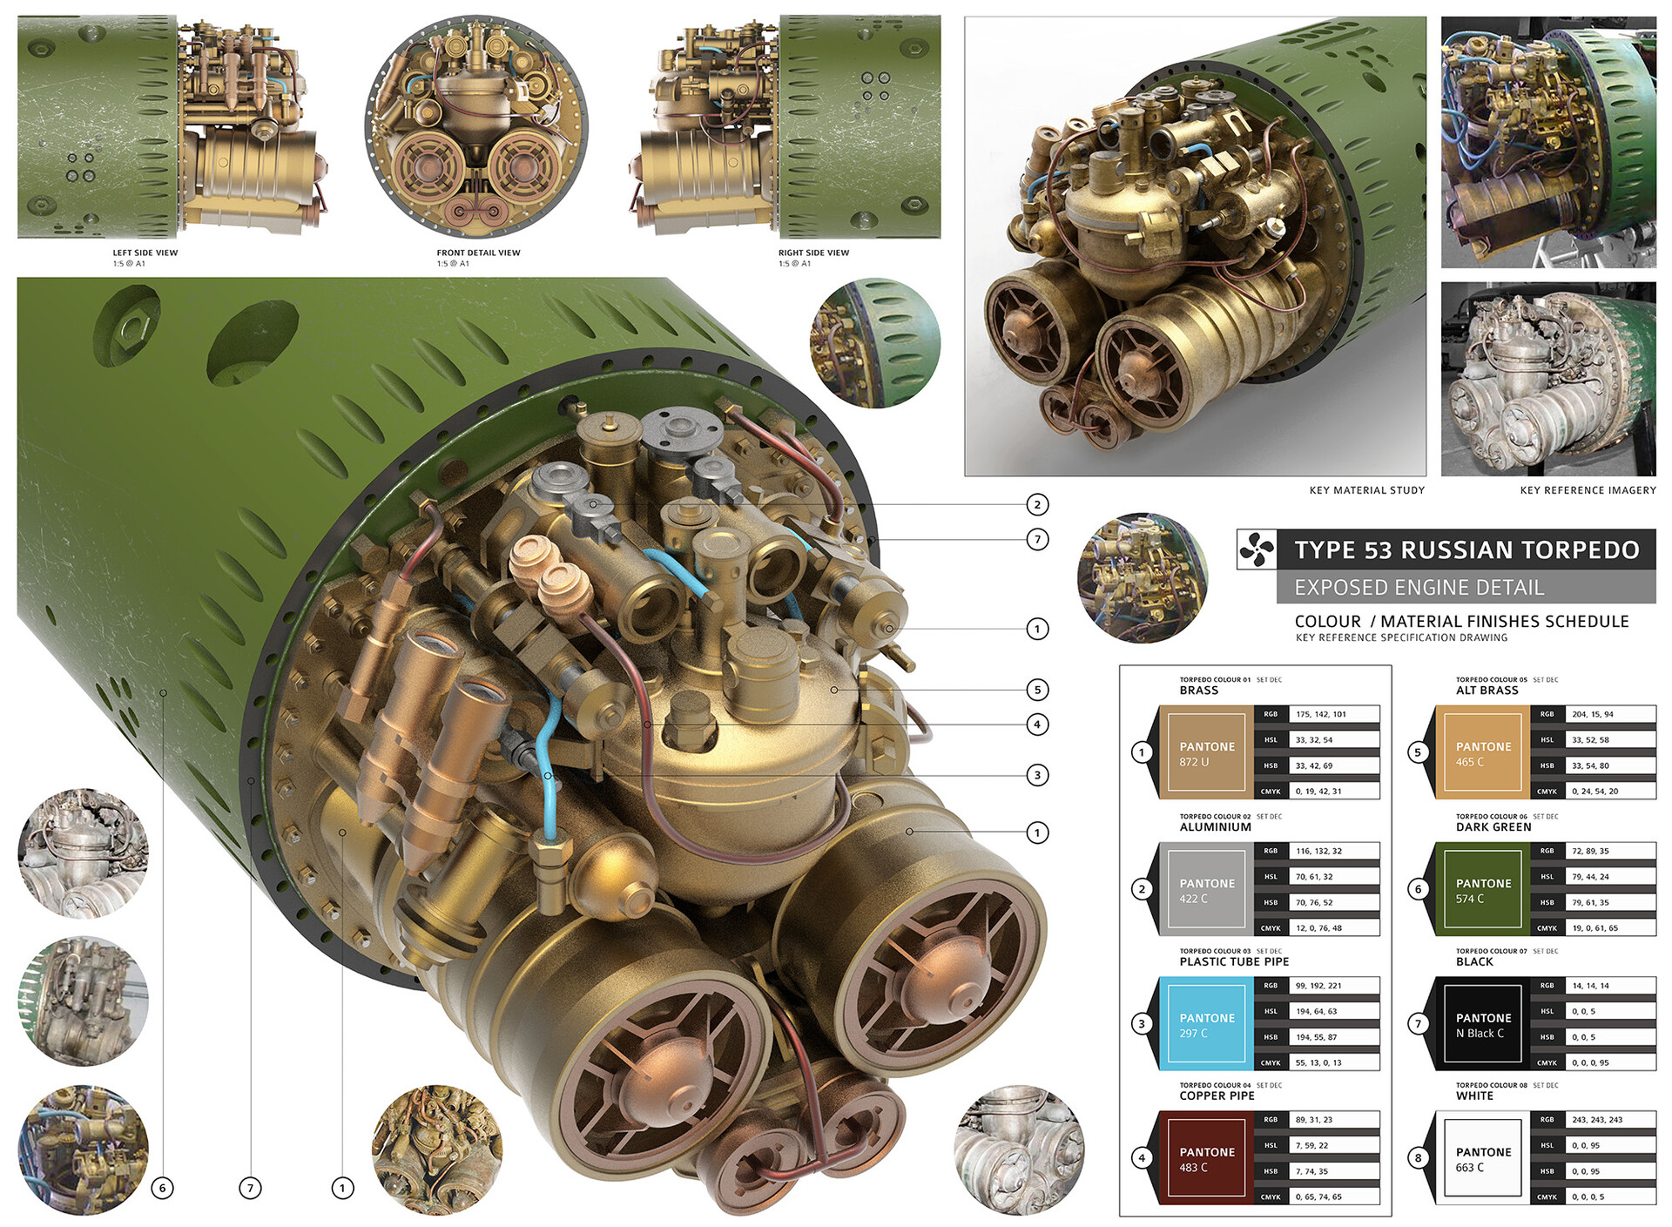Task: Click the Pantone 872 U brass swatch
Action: (1206, 753)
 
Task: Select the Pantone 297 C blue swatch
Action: (1206, 1024)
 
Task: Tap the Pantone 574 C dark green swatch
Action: (1483, 890)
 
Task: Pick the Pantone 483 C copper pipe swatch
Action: (1206, 1158)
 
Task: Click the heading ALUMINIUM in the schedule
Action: (1215, 827)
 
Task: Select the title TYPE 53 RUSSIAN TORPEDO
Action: (1466, 550)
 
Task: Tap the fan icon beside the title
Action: (1256, 549)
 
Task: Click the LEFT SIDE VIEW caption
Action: (145, 253)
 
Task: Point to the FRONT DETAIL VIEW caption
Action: (478, 253)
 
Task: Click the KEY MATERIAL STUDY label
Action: (1366, 490)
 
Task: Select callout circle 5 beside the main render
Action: (1037, 690)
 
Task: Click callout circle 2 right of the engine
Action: (1037, 504)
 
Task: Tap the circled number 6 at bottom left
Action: (162, 1188)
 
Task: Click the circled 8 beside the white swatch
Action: (1418, 1157)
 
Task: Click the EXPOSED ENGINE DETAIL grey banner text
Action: (1419, 588)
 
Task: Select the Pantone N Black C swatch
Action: (1483, 1024)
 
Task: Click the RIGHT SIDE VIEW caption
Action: (813, 253)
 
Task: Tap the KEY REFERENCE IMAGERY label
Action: (1588, 490)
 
